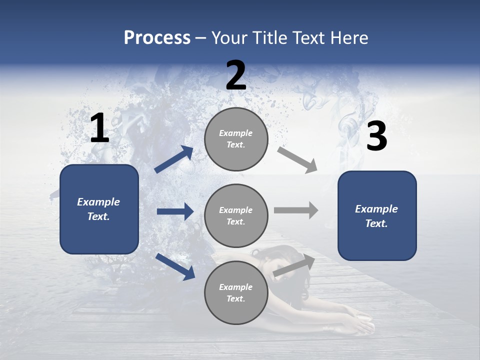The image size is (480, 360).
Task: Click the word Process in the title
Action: pos(157,37)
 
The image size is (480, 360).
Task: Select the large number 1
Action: pos(99,128)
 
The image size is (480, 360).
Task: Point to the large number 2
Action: pos(236,75)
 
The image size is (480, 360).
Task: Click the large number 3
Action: pos(376,136)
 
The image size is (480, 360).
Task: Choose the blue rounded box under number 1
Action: pos(99,209)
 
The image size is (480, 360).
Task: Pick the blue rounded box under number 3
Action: pos(377,215)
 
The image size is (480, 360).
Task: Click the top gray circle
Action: pos(236,139)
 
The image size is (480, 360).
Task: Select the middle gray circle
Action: pos(236,215)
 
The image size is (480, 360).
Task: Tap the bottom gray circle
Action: pos(236,292)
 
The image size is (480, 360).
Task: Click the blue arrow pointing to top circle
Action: pos(173,159)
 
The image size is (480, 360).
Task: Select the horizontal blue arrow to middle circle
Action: pos(175,211)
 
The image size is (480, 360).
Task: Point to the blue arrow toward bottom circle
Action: pos(175,266)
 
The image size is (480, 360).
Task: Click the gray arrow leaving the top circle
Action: pos(297,159)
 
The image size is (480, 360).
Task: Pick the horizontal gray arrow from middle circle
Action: pos(295,210)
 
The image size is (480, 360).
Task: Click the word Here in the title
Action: pos(349,37)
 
